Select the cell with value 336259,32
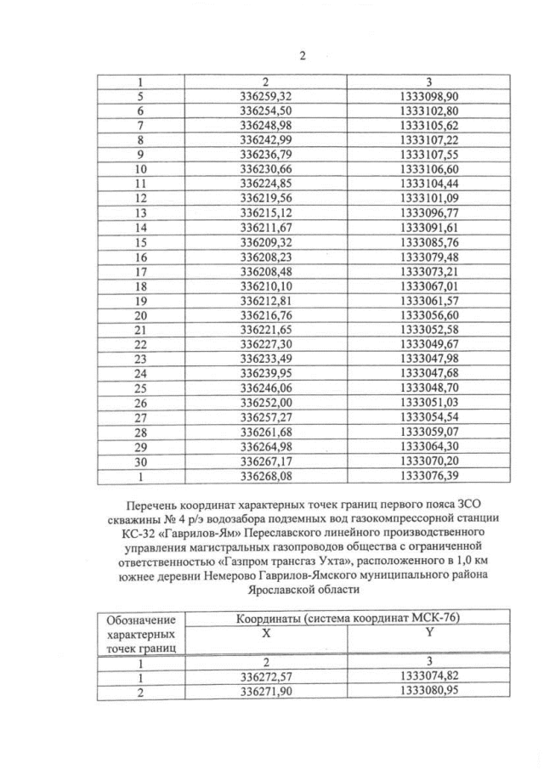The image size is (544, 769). (265, 97)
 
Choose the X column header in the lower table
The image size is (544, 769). (265, 634)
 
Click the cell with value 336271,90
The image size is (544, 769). (265, 692)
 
